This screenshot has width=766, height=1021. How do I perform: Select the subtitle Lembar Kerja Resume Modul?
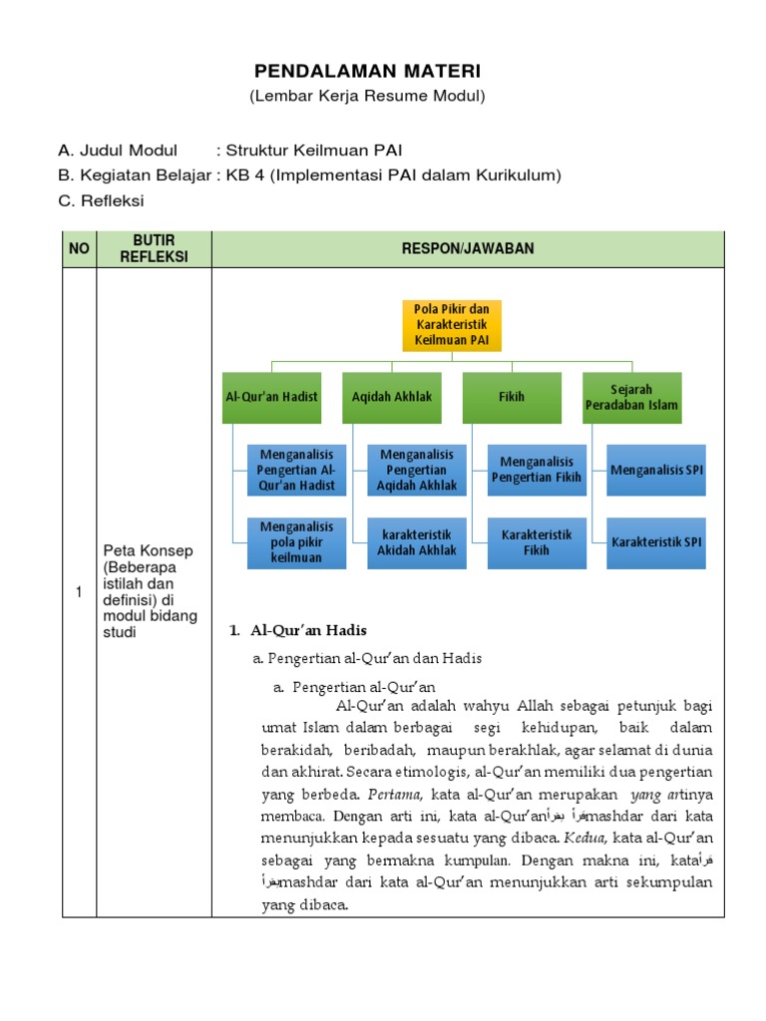(367, 96)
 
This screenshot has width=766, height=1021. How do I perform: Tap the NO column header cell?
(79, 248)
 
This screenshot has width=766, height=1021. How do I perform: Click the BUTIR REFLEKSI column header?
(154, 248)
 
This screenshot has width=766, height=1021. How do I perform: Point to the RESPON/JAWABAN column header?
(468, 248)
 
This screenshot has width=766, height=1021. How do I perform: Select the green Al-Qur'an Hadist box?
(271, 397)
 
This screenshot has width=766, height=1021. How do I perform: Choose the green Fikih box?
(512, 397)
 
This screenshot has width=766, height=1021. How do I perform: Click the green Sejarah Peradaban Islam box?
(631, 397)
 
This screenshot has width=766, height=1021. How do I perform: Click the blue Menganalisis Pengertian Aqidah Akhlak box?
(411, 470)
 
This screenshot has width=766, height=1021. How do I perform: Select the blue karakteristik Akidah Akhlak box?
(411, 542)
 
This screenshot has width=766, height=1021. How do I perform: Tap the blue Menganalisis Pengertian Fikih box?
(537, 470)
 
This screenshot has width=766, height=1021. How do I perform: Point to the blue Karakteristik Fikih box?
(537, 542)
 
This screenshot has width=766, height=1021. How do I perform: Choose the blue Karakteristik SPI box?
(657, 542)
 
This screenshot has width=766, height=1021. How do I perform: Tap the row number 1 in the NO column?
(79, 592)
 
